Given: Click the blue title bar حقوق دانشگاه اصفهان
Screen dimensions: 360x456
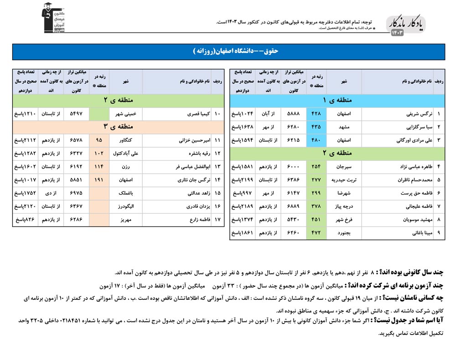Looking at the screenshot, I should point(228,51).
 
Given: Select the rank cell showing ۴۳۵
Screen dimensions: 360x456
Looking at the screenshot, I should point(316,127).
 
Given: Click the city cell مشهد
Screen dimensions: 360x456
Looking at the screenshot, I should point(344,127).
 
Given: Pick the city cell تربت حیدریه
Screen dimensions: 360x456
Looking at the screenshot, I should point(344,180).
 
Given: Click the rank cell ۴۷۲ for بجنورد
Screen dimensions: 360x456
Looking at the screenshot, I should point(316,233).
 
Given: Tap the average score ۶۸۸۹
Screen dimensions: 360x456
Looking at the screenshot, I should point(292,207).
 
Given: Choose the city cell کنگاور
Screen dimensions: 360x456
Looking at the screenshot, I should point(126,140).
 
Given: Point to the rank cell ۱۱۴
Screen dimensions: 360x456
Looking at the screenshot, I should point(99,167).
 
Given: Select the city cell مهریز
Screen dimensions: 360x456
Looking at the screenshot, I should point(126,220).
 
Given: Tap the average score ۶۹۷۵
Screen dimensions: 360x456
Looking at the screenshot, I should point(76,194).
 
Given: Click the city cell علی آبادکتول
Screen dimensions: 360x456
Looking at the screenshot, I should point(126,154).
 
